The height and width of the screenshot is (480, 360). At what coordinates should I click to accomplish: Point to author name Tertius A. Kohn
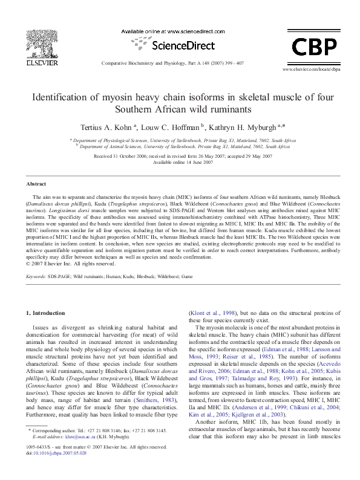103,128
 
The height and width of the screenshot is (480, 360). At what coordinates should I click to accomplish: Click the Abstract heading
36,183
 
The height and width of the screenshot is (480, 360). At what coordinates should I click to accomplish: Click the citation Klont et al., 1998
212,313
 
